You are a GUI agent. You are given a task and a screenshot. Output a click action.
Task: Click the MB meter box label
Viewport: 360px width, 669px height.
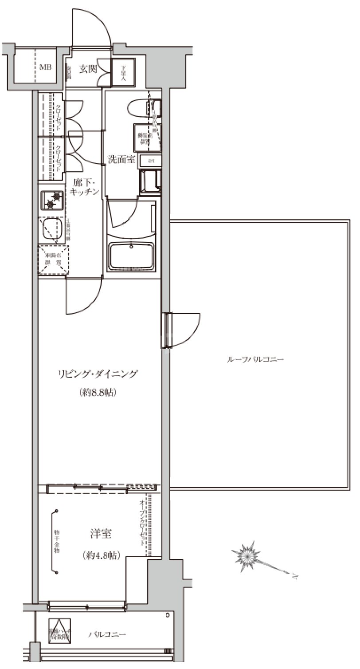point(45,68)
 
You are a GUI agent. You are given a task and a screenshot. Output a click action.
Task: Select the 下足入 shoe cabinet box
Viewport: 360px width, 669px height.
point(123,71)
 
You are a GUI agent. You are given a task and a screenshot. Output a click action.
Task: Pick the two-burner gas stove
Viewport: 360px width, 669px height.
point(53,199)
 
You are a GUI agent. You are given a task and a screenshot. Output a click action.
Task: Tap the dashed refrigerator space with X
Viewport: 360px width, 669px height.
point(53,260)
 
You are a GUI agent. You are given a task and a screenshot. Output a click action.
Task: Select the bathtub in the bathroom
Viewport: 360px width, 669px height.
point(132,256)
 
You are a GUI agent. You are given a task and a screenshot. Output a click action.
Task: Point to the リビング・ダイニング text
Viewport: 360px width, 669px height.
point(98,374)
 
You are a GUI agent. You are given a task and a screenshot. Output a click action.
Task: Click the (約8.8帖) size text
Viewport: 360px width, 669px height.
point(98,393)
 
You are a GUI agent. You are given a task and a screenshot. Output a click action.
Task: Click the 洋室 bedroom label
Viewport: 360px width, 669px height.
point(101,535)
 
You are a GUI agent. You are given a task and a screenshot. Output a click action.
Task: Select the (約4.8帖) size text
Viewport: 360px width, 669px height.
point(101,555)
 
